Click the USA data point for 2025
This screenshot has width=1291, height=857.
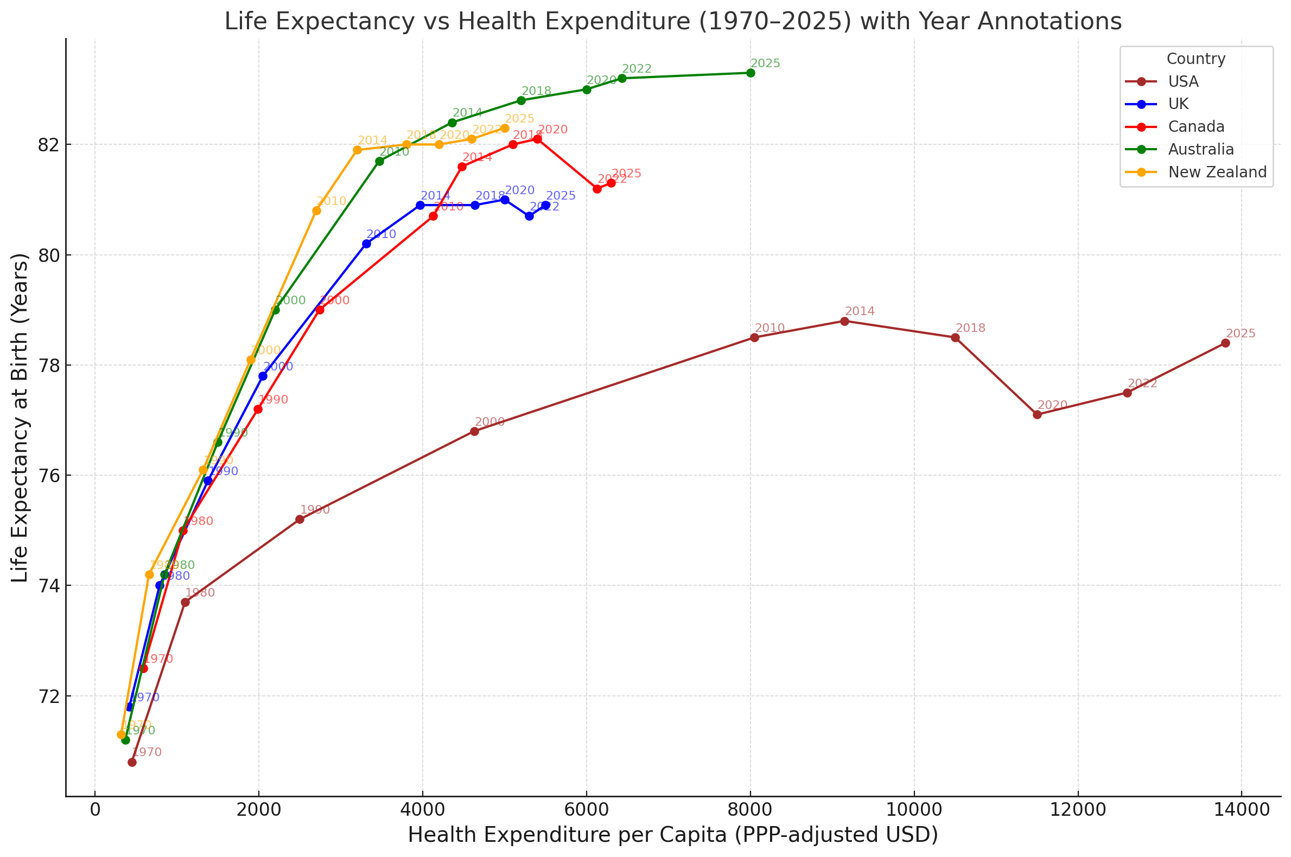point(1225,343)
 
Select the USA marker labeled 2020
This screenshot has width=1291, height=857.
point(1037,415)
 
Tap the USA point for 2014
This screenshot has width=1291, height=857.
point(844,321)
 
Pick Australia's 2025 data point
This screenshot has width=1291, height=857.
point(751,73)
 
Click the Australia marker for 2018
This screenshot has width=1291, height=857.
point(521,100)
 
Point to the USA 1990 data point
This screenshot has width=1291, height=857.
point(300,519)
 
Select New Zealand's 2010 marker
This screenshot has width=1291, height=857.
point(316,211)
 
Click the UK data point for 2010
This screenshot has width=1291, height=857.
point(367,244)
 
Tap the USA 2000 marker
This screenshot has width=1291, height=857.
point(475,432)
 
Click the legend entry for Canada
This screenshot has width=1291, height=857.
point(1196,127)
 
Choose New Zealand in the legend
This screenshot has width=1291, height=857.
point(1217,172)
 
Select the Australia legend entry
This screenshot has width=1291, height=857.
point(1201,150)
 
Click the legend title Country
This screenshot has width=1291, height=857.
point(1196,59)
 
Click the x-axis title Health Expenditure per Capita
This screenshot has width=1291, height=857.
point(673,835)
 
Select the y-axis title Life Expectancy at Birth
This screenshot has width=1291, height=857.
point(20,418)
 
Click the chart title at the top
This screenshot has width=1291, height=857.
point(673,22)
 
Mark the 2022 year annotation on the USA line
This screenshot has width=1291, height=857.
point(1142,383)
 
